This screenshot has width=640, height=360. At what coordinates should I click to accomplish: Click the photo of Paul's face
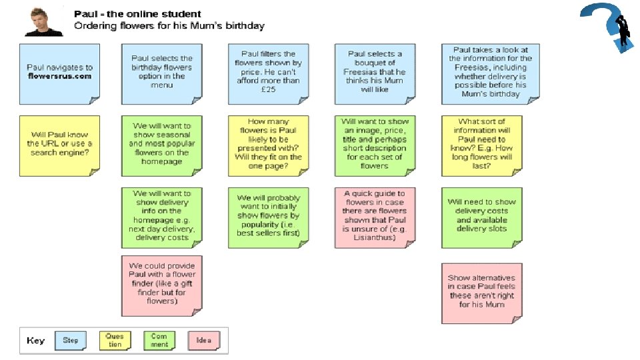43,21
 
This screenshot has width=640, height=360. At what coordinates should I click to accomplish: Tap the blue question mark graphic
605,28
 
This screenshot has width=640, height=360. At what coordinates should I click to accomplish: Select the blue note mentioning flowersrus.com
59,73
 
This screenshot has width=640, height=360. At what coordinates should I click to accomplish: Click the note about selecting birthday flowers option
161,73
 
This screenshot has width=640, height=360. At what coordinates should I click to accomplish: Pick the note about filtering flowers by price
268,73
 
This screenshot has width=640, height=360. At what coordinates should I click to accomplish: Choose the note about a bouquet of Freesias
375,73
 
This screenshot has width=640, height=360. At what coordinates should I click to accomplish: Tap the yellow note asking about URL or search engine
59,145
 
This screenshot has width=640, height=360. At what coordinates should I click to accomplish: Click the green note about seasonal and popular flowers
161,145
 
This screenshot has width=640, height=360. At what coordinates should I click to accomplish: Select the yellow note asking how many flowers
268,145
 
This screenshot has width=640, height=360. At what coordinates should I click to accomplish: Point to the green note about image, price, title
375,145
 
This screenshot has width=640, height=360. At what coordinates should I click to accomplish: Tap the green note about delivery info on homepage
161,217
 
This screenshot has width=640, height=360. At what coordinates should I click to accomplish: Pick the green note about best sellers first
268,217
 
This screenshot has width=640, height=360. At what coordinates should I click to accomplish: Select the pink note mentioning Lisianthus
375,217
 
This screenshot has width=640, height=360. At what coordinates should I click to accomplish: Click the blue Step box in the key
71,341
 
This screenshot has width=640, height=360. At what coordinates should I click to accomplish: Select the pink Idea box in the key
203,341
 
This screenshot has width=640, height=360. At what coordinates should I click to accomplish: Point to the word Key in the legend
36,341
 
